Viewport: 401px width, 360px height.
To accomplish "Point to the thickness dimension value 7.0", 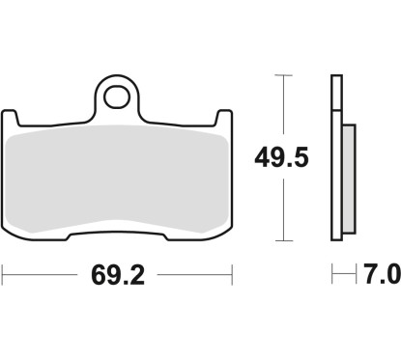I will tap(383, 277).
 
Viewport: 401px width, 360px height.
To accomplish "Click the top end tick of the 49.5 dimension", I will tap(281, 74).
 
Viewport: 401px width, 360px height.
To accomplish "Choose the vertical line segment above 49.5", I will tap(281, 106).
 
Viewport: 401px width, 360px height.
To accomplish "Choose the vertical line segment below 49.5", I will tap(281, 208).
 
